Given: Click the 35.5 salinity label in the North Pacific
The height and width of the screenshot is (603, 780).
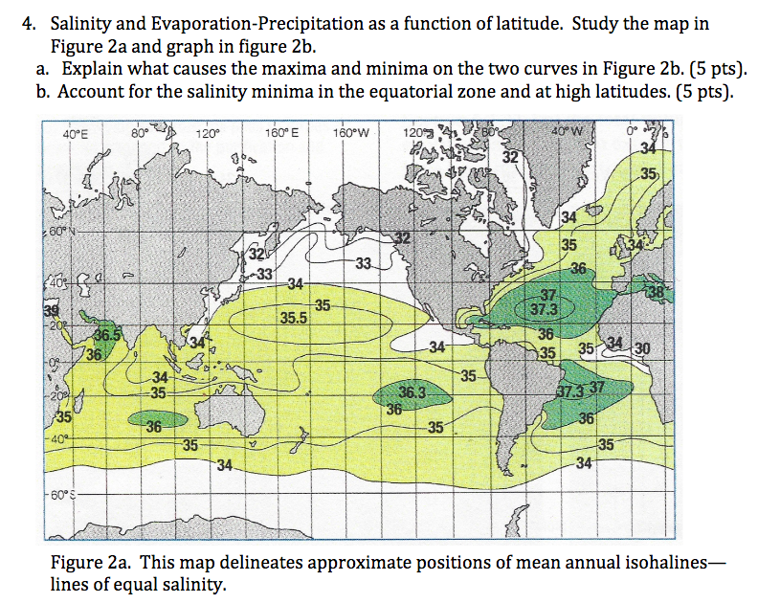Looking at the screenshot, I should pyautogui.click(x=293, y=320).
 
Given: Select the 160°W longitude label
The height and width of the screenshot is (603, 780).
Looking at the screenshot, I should pyautogui.click(x=354, y=133).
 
